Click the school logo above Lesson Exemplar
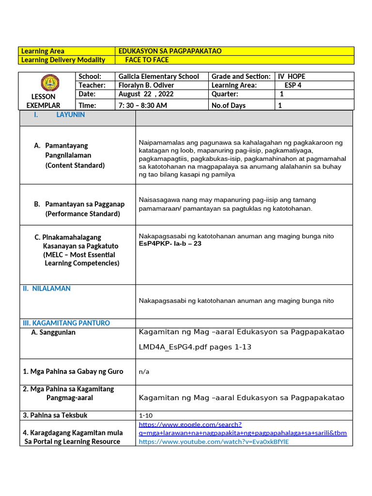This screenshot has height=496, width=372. coord(47,83)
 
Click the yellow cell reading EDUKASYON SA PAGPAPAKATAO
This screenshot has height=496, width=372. coord(170,51)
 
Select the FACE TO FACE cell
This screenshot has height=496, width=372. coord(147,60)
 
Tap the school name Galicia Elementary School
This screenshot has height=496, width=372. coord(158,76)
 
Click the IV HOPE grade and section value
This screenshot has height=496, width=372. coord(292,76)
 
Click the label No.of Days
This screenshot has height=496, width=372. coord(228,105)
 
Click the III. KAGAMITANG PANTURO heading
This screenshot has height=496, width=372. coord(66,323)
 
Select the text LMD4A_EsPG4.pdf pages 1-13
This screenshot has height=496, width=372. coord(195,347)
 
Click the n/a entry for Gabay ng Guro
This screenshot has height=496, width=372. coord(143,372)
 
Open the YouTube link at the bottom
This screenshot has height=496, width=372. coord(214,441)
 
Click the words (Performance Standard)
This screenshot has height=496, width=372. coord(82,214)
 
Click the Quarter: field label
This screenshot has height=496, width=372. coord(225,94)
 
